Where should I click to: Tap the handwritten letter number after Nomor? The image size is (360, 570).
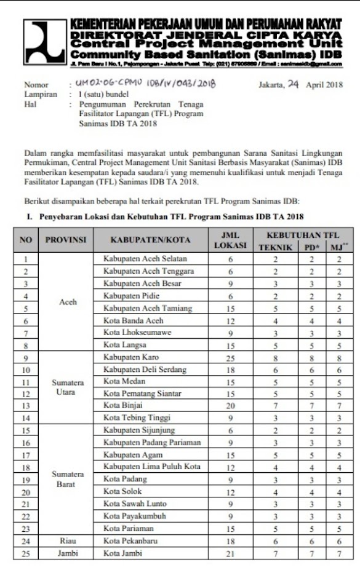145,84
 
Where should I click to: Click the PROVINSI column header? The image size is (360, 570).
66,239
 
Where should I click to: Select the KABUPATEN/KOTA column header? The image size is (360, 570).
150,239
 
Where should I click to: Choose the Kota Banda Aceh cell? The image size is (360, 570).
134,320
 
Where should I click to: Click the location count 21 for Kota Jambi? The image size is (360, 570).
230,552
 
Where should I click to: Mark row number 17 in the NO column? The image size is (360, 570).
25,454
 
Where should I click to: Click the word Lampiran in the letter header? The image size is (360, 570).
41,94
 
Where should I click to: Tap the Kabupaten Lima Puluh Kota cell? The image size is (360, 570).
152,467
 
